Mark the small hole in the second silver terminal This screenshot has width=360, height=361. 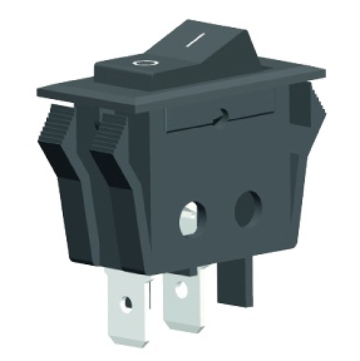coord(179,296)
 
